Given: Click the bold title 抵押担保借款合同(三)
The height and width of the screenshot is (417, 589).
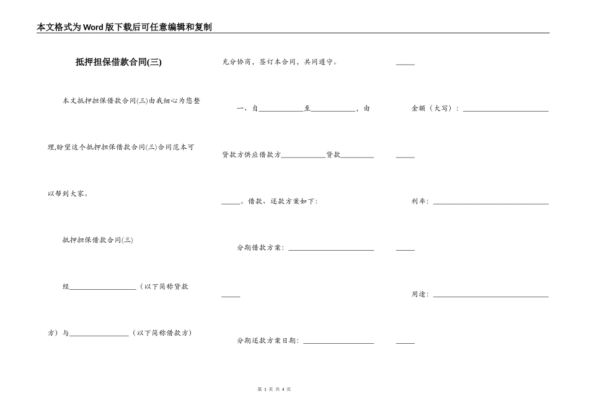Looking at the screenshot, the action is pos(118,62).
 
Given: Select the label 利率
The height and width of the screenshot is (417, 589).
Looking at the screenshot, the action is pos(419,202).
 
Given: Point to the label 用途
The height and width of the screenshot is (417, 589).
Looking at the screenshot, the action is pos(419,295).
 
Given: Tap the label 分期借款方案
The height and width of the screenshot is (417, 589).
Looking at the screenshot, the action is pos(260,248).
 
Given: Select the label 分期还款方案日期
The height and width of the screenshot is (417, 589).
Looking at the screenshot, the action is pos(267,341).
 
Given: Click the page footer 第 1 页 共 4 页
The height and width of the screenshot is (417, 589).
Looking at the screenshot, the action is pos(273,389).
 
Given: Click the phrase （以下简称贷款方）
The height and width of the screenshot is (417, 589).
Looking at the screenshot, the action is pos(164,287).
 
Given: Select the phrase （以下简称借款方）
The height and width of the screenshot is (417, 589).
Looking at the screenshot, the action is pos(162,333).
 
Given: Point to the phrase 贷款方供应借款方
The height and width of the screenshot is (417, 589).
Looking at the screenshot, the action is pos(251,155).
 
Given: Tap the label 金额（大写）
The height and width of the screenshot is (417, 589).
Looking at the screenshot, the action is pos(435,109).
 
